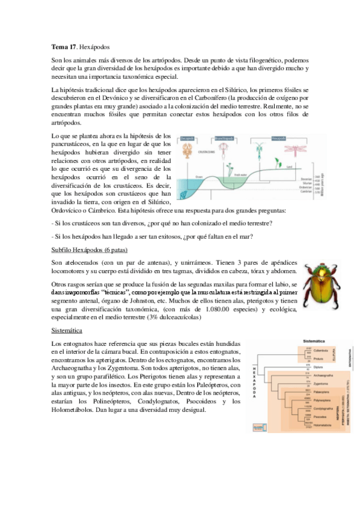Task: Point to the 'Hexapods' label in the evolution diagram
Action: pos(278,137)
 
